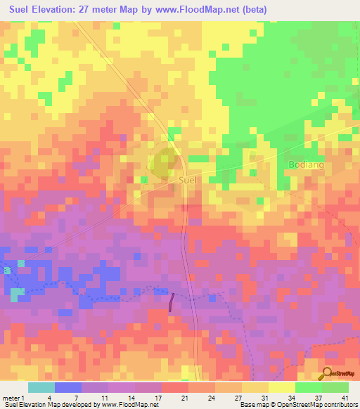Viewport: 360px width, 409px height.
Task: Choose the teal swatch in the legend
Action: (x=41, y=387)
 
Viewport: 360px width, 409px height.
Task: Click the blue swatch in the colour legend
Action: (x=68, y=387)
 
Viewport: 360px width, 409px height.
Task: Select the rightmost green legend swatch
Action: (x=335, y=387)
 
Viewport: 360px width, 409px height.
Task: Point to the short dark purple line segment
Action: (x=172, y=300)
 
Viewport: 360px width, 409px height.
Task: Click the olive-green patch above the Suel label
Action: (x=164, y=162)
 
